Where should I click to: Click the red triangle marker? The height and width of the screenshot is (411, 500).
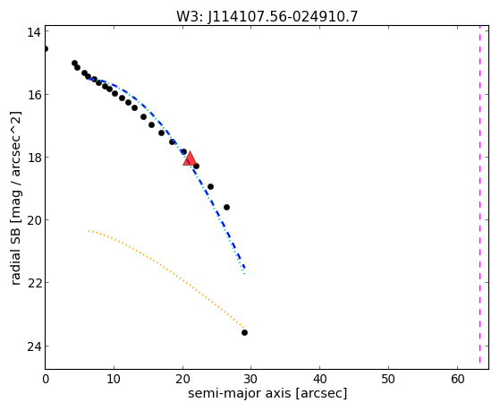click(x=190, y=159)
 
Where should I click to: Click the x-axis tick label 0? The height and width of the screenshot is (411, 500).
click(x=46, y=379)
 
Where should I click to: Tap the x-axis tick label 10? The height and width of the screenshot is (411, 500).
click(x=114, y=379)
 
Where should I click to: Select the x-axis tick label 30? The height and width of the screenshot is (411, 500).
click(x=251, y=379)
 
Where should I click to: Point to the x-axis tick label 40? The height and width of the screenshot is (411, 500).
click(x=320, y=379)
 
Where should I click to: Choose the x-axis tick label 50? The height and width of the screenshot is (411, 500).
click(x=388, y=379)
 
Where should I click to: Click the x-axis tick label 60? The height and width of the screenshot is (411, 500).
click(x=457, y=379)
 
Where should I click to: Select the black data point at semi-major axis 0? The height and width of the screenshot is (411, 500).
click(x=46, y=49)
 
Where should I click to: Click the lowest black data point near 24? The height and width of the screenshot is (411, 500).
click(x=244, y=333)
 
